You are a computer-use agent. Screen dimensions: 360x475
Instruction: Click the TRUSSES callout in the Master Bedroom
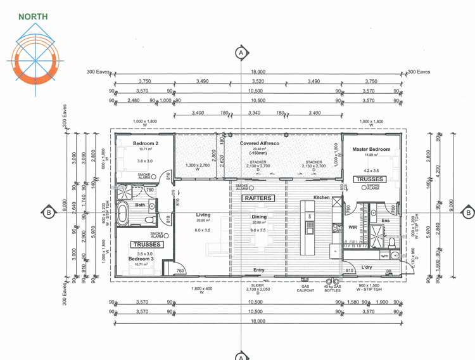[x=370, y=179]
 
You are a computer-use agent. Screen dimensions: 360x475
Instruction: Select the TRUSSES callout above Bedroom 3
[x=147, y=244]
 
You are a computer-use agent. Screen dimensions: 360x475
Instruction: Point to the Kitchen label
[x=321, y=198]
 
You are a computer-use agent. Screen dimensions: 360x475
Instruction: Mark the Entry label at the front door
[x=259, y=271]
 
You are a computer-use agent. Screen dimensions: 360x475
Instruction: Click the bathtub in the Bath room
[x=124, y=215]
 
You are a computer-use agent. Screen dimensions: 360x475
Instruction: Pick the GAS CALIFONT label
[x=305, y=288]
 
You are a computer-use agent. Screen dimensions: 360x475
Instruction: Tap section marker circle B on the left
[x=47, y=212]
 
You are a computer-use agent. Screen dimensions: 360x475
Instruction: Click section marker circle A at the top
[x=241, y=53]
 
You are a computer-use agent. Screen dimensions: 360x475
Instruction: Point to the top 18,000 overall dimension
[x=258, y=72]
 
